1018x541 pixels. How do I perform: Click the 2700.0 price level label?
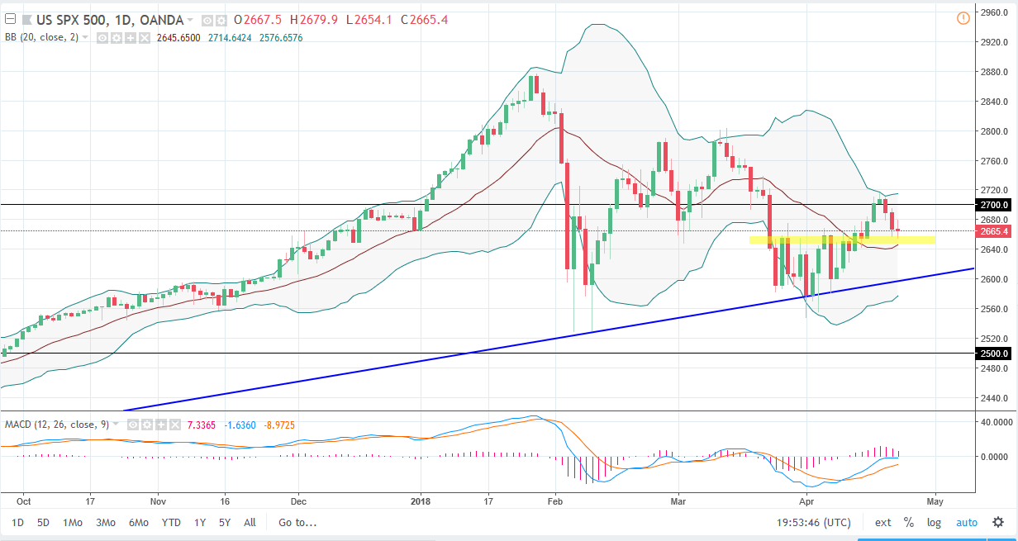point(991,205)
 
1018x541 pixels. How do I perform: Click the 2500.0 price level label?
point(991,354)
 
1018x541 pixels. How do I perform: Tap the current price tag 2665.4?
point(991,231)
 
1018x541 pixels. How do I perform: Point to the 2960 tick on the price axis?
point(989,12)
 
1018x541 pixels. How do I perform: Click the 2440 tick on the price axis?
point(989,398)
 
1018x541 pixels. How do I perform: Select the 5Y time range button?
point(225,522)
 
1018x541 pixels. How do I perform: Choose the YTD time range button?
point(171,522)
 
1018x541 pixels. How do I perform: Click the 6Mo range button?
point(138,522)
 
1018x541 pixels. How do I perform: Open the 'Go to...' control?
point(297,522)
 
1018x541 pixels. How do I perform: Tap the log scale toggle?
point(934,522)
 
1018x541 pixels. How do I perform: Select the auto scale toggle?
point(967,522)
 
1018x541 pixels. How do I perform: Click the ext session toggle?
point(883,522)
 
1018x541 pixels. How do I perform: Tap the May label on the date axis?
point(935,501)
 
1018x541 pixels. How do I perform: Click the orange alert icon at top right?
point(963,18)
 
